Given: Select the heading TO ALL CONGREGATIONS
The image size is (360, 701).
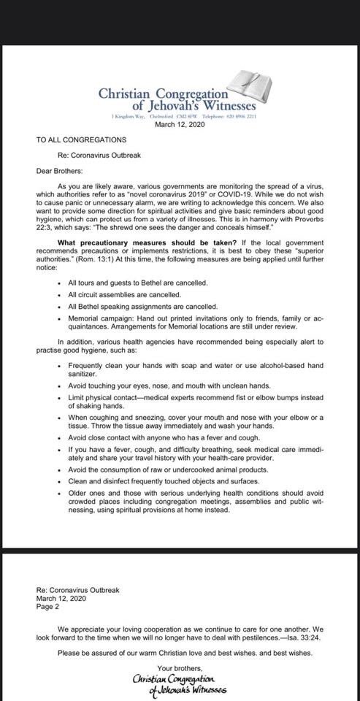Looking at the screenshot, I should click(81, 139).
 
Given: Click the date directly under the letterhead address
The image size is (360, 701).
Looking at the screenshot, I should click(180, 125).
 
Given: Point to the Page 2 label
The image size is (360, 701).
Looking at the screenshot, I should click(47, 606).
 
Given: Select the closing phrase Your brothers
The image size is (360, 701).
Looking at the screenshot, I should click(180, 669).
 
